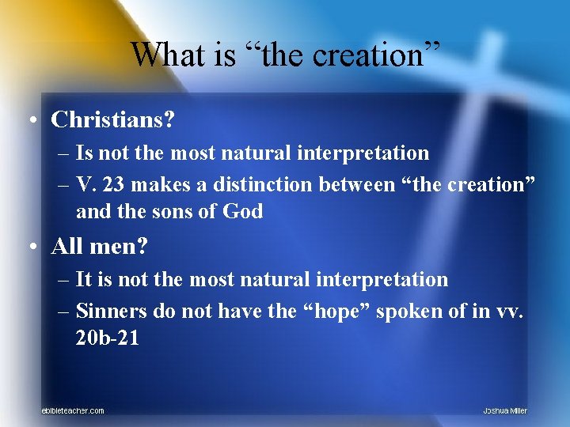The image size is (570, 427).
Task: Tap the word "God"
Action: click(242, 211)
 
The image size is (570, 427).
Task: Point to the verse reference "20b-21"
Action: click(108, 338)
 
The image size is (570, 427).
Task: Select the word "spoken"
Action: click(408, 312)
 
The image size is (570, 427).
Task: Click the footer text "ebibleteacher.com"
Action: click(73, 410)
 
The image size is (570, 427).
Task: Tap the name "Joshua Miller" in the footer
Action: click(505, 410)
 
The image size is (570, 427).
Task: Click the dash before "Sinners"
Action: click(66, 312)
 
